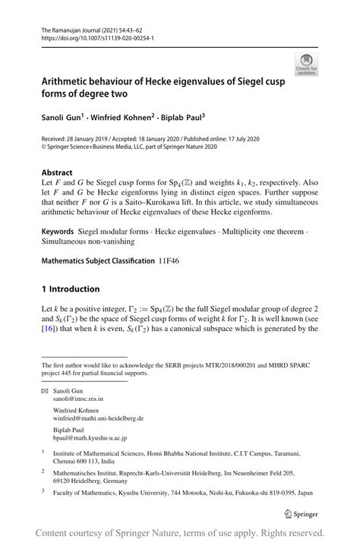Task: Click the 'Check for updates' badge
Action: tap(308, 63)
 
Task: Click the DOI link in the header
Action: tap(94, 36)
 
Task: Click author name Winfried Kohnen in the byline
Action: tap(125, 118)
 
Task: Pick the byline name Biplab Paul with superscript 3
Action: tap(183, 118)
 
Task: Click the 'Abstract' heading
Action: tap(57, 172)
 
